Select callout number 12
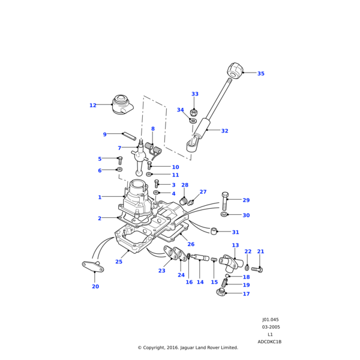pyautogui.click(x=92, y=106)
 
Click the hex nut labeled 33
pyautogui.click(x=194, y=112)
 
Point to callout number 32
pyautogui.click(x=224, y=131)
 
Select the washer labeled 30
pyautogui.click(x=224, y=214)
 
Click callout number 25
pyautogui.click(x=119, y=262)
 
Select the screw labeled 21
pyautogui.click(x=257, y=269)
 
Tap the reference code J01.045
pyautogui.click(x=270, y=320)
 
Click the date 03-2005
pyautogui.click(x=270, y=327)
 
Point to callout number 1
pyautogui.click(x=100, y=197)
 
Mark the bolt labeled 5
pyautogui.click(x=119, y=160)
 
